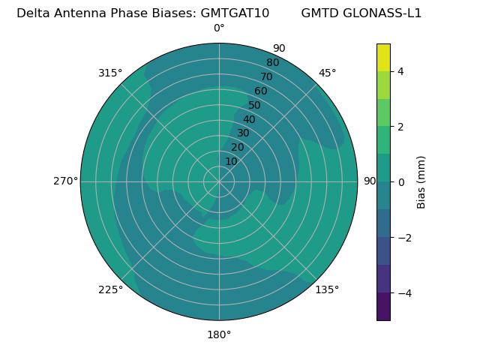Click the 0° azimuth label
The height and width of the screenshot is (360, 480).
point(219,28)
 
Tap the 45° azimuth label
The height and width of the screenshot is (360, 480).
point(328,73)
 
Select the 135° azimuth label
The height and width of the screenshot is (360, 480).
point(327,289)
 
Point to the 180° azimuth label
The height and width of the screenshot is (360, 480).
point(219,334)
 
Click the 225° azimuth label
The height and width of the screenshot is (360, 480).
point(110,289)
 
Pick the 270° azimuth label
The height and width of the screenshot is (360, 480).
point(65,181)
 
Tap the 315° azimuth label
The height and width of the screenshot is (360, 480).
point(110,73)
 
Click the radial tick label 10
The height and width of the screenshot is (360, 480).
point(231,161)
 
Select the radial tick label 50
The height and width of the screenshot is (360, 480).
point(255,106)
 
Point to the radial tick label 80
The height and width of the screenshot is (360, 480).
point(272,62)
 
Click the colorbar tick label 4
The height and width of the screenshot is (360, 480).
point(400,71)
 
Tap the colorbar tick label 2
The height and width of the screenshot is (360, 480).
point(400,126)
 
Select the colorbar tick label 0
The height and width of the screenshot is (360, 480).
point(400,181)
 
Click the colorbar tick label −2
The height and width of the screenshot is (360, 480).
point(402,237)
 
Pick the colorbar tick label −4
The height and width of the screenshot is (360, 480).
point(402,292)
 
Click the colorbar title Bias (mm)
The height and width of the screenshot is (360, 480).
point(421,181)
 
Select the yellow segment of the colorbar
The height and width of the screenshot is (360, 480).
point(383,57)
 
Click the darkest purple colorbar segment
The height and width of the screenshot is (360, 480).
point(383,307)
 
